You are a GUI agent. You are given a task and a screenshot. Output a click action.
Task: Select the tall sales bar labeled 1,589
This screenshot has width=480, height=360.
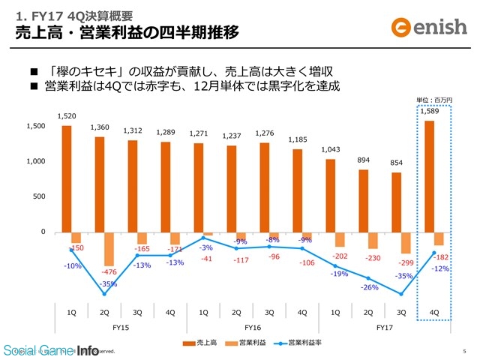429,176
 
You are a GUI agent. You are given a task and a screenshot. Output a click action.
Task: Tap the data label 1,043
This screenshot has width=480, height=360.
331,149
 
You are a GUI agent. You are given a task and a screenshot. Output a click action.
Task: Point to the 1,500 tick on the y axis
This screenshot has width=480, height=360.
34,126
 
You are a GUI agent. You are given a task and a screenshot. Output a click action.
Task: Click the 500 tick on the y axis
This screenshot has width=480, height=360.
39,196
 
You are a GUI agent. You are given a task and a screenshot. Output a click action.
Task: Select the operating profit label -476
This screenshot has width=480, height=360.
109,271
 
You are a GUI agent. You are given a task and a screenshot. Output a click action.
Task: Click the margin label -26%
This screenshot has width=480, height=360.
369,287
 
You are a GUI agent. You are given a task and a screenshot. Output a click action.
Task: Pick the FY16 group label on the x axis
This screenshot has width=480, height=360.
252,328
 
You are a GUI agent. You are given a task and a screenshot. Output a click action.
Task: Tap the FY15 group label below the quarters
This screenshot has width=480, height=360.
120,328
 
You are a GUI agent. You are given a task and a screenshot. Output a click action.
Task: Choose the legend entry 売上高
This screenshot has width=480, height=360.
202,343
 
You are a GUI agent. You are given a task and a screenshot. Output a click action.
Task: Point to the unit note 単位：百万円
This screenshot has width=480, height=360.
435,99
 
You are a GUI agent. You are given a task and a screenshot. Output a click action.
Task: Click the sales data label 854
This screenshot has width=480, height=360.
397,163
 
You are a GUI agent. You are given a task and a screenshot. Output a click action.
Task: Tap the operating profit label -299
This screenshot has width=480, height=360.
406,262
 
